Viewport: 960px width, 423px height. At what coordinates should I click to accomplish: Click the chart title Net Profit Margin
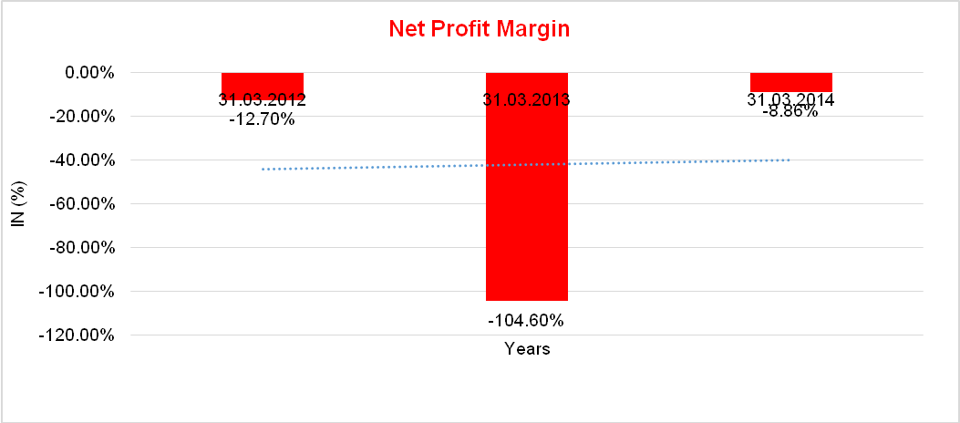(479, 29)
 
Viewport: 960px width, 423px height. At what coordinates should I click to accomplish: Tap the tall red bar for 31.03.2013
(526, 201)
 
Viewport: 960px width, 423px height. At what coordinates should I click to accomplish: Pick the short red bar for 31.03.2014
(790, 82)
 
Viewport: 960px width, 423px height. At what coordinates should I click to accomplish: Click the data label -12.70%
(263, 118)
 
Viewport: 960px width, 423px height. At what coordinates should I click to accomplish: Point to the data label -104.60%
(526, 320)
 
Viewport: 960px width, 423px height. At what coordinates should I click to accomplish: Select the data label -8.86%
(790, 113)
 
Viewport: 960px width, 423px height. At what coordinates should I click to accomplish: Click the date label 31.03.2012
(263, 99)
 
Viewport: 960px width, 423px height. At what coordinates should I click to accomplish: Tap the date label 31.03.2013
(526, 99)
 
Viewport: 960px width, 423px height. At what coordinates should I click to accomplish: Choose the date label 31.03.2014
(790, 99)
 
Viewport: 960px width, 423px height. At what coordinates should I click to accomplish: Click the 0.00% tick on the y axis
(88, 72)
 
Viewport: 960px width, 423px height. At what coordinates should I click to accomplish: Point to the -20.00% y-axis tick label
(81, 116)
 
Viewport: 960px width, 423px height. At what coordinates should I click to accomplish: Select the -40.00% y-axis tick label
(81, 160)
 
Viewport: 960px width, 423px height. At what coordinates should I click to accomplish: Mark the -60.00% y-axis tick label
(81, 203)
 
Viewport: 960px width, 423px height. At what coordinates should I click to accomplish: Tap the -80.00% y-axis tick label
(81, 247)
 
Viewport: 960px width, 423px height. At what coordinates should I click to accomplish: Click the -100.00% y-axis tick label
(77, 291)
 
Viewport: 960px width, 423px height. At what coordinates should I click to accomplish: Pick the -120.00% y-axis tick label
(77, 335)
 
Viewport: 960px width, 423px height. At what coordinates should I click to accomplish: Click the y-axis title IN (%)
(17, 202)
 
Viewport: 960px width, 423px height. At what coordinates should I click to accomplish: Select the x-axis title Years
(527, 349)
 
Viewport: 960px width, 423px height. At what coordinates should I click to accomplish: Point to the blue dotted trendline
(638, 163)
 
